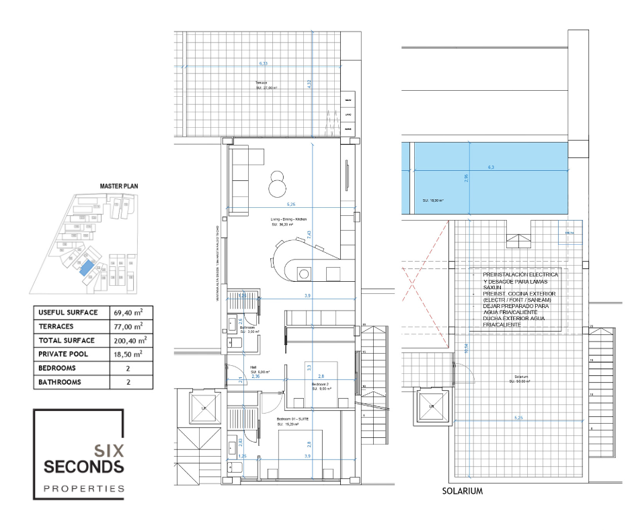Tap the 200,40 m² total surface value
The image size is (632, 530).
(130, 340)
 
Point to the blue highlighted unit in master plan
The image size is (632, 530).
(85, 270)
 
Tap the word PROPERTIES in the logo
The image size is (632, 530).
(84, 488)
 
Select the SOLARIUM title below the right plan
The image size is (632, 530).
(463, 492)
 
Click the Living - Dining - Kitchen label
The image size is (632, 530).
(289, 220)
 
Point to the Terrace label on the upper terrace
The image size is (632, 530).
(261, 83)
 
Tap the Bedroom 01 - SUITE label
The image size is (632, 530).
(293, 419)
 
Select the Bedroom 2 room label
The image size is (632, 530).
(319, 384)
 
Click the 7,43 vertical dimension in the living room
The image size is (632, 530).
(308, 235)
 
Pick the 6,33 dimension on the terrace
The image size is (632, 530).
(264, 64)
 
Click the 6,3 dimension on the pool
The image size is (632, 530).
(491, 167)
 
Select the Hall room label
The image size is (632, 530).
(253, 368)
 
